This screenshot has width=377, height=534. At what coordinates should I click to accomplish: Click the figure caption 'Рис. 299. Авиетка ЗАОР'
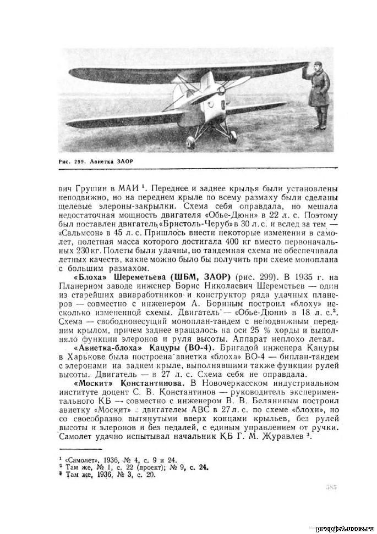[x=96, y=161]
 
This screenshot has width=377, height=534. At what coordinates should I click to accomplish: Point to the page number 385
[x=331, y=487]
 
